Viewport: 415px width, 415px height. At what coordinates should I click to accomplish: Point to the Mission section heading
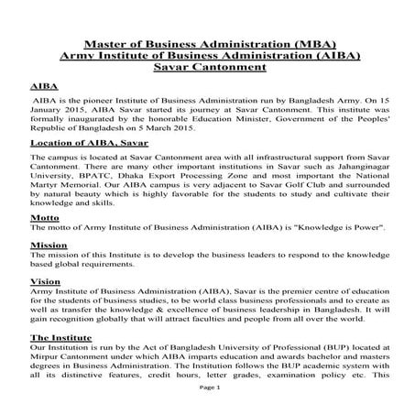point(49,246)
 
